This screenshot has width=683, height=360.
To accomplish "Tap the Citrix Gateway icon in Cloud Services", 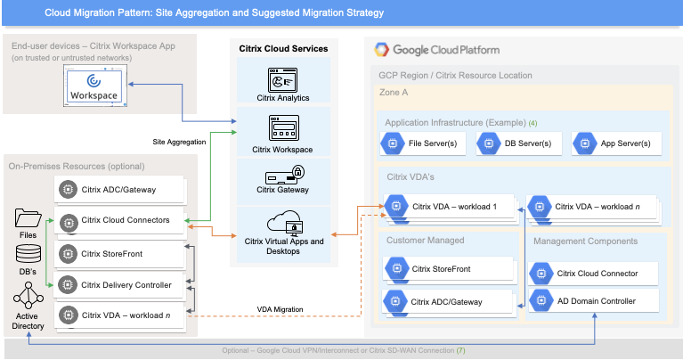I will (x=281, y=174).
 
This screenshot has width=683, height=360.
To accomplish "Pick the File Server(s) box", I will (x=424, y=143).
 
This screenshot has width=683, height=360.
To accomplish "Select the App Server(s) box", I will (x=615, y=143).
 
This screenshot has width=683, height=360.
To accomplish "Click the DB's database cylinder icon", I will (x=28, y=254).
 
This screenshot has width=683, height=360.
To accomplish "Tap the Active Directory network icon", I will (x=28, y=298).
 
